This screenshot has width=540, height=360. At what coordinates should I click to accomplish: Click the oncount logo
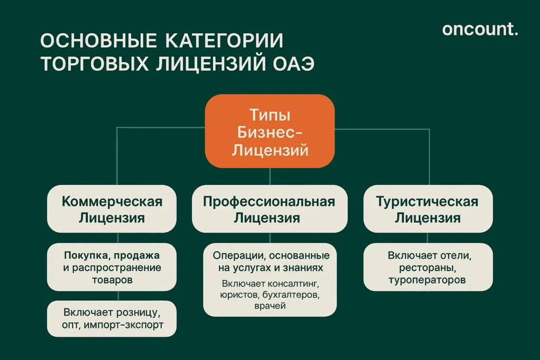(x=480, y=30)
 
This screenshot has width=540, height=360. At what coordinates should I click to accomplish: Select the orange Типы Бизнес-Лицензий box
(x=269, y=131)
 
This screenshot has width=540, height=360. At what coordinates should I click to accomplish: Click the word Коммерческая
(x=112, y=201)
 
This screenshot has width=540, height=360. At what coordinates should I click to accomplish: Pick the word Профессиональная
(x=269, y=201)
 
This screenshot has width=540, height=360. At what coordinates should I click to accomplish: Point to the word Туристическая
(x=427, y=201)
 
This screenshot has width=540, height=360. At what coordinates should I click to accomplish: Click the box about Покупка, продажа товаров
(x=112, y=267)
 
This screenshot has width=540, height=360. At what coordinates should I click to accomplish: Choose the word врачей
(x=269, y=306)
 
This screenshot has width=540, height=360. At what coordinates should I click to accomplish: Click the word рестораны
(x=427, y=268)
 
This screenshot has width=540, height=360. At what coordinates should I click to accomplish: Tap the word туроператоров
(x=427, y=280)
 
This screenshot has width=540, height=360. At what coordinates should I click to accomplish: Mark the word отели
(x=454, y=256)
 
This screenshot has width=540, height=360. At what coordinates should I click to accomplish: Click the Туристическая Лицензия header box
(x=428, y=209)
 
